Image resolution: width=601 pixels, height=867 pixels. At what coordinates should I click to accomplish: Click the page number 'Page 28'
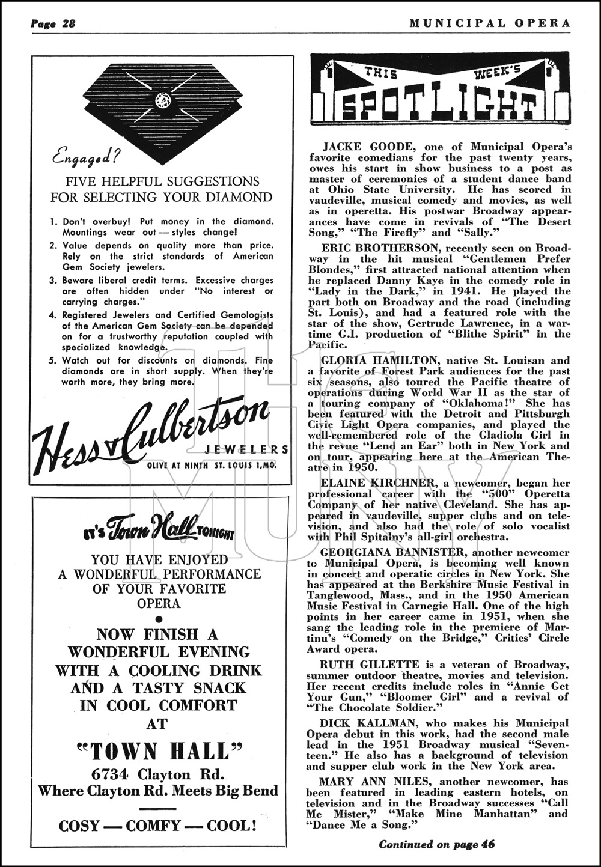coord(52,23)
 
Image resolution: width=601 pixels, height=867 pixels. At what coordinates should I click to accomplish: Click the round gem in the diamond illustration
coord(162,100)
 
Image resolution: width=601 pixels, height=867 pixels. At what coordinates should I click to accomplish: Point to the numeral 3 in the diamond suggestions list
coord(53,281)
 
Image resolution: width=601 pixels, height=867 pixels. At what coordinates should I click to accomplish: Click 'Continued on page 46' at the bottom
coord(436,844)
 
